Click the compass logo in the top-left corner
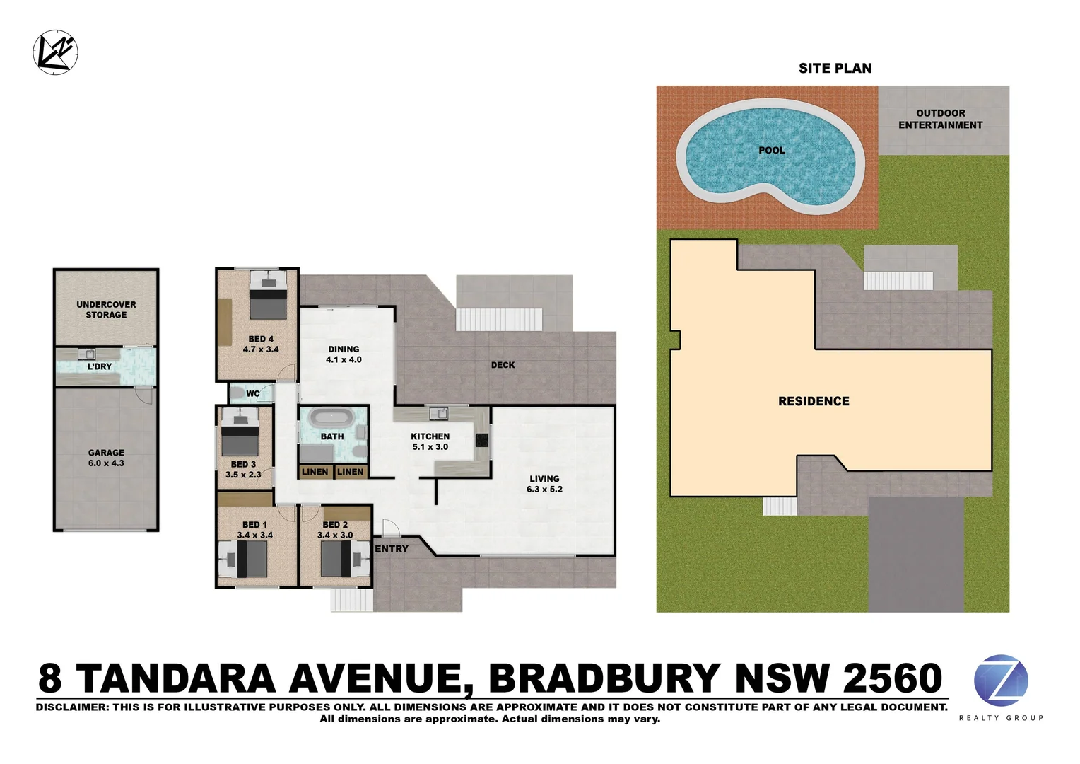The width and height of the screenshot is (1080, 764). click(55, 52)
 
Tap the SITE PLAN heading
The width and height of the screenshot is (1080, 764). click(835, 69)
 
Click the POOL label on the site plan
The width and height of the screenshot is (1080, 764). click(771, 150)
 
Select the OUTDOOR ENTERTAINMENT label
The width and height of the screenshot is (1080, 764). click(940, 119)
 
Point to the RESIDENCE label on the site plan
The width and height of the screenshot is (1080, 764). click(814, 401)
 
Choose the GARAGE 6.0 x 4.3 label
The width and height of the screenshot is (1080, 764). click(106, 458)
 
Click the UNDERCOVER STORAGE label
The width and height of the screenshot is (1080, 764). click(106, 310)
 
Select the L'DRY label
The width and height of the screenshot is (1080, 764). click(100, 366)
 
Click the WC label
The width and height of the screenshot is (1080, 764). click(253, 394)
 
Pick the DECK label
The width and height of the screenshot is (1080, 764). click(503, 365)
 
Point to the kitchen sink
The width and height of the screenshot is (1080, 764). click(439, 413)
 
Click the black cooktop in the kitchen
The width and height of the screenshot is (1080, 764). click(482, 440)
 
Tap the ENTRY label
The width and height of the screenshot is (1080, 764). click(392, 549)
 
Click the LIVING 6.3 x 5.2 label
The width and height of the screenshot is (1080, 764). click(544, 484)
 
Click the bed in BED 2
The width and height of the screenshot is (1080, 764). click(338, 559)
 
